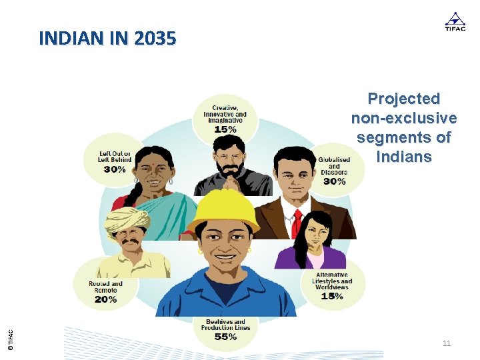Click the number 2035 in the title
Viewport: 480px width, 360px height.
tap(155, 39)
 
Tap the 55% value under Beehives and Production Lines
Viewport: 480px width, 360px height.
tap(225, 337)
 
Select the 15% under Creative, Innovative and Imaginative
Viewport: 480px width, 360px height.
tap(225, 129)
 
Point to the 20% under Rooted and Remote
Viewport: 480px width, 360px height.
tap(105, 299)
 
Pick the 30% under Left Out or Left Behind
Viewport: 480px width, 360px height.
tap(115, 169)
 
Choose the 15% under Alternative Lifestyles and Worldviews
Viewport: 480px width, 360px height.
tap(331, 295)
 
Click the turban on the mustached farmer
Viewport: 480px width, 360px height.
tap(127, 218)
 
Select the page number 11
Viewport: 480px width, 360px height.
tap(447, 343)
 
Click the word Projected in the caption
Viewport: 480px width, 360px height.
tap(404, 99)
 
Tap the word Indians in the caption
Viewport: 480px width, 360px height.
tap(404, 157)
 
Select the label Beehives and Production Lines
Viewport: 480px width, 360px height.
tap(225, 324)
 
